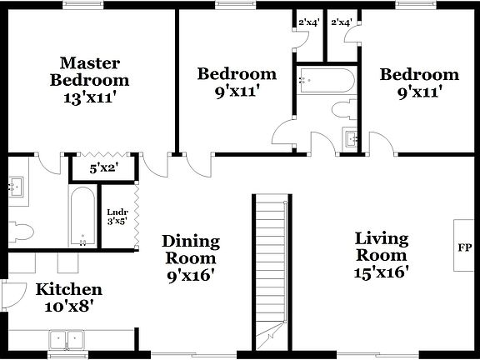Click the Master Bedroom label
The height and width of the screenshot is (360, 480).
tap(89, 72)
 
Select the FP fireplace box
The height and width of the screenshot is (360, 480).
tap(465, 247)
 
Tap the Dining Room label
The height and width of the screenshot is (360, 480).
tap(191, 250)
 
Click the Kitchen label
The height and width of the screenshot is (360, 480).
tap(68, 289)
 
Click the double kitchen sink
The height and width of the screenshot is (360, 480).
tap(66, 340)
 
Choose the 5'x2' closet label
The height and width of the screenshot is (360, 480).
tap(104, 168)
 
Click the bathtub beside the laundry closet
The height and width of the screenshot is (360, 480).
tap(82, 217)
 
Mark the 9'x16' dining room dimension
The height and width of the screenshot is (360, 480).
tap(191, 275)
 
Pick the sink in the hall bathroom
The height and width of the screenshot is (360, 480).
tap(351, 137)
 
